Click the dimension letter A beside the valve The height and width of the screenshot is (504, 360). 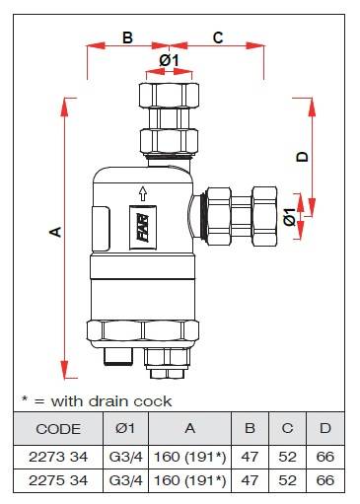(x=55, y=232)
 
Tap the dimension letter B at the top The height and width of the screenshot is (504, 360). (x=127, y=37)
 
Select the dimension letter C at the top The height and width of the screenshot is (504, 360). (x=218, y=37)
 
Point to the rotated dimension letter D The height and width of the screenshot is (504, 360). (x=302, y=157)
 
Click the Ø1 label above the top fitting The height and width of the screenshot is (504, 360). (x=169, y=60)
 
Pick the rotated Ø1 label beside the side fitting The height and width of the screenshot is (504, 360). (x=290, y=217)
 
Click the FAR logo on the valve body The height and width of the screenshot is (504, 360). (x=143, y=228)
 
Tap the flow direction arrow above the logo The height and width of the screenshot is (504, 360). (x=142, y=193)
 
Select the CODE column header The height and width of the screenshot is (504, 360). (x=58, y=429)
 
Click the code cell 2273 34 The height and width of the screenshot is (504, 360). (x=58, y=457)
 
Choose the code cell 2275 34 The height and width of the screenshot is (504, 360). (x=58, y=480)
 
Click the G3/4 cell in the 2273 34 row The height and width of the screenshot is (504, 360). (x=125, y=457)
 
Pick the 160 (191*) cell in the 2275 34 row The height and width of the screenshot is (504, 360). (x=190, y=480)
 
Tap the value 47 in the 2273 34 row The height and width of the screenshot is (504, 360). (x=250, y=457)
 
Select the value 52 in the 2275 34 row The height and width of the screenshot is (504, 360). (x=287, y=480)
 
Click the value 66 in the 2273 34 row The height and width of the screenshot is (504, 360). (x=325, y=457)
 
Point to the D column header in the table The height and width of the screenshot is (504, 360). (x=325, y=428)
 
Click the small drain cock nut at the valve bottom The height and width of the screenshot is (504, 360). (x=168, y=374)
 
